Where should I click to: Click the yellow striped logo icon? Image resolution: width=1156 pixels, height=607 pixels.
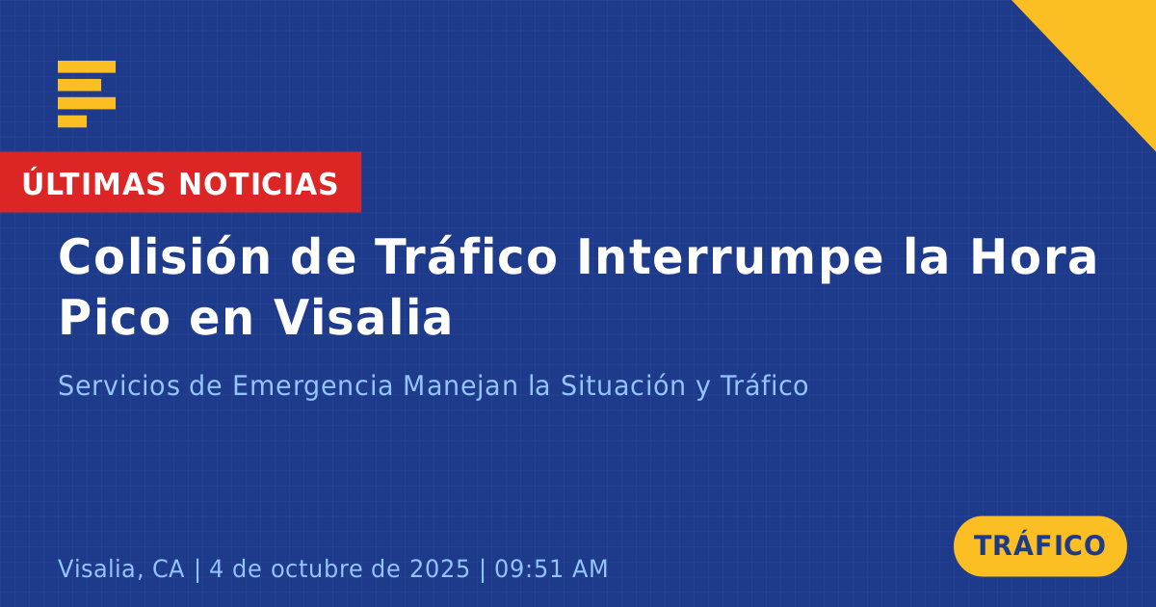(87, 94)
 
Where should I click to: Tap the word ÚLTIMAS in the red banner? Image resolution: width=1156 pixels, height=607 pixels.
(93, 183)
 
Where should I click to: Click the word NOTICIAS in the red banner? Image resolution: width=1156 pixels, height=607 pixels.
(258, 184)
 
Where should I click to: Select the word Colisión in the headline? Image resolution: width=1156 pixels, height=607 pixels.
(165, 256)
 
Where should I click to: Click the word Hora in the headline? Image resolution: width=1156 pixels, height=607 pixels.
(1034, 257)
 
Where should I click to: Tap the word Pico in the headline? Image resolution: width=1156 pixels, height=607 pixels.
(114, 317)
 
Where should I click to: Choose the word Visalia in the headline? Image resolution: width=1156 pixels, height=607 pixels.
(362, 316)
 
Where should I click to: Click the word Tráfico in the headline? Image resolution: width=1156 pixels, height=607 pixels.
(466, 256)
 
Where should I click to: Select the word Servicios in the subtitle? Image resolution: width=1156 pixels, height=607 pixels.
(118, 385)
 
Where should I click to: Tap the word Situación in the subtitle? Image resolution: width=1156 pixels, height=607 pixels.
(623, 385)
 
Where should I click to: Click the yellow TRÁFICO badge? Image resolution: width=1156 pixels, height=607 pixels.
(1039, 546)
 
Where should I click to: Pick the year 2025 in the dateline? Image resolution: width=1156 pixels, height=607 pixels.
(439, 568)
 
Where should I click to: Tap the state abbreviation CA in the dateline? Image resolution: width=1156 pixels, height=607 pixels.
(169, 568)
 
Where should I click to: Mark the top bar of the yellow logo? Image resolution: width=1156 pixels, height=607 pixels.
(87, 67)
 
